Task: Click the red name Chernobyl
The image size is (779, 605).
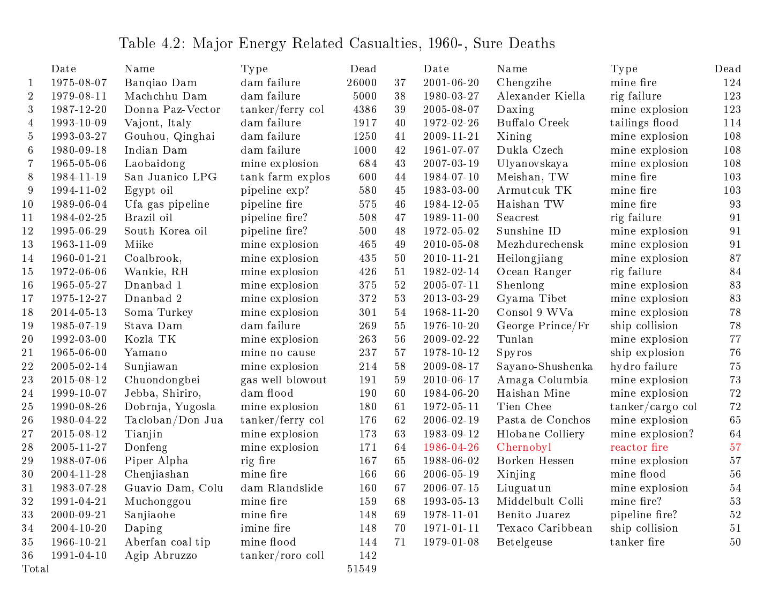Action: click(x=523, y=448)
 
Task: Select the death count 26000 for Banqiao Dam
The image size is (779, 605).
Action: click(x=361, y=83)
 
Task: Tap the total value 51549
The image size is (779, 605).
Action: click(x=361, y=569)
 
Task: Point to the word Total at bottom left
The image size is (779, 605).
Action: click(x=35, y=569)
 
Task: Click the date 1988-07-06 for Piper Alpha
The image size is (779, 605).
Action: click(x=79, y=461)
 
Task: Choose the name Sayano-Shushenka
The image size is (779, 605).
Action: click(x=544, y=367)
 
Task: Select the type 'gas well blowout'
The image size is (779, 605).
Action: click(x=283, y=380)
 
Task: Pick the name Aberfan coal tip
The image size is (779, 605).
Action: click(x=167, y=542)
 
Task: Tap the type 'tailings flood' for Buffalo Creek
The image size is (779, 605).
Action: click(x=644, y=123)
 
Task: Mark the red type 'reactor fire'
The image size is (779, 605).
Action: click(x=640, y=448)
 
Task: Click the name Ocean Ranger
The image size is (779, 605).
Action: click(x=534, y=272)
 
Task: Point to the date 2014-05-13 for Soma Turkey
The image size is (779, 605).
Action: click(x=79, y=313)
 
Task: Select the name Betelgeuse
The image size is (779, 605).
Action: click(x=524, y=542)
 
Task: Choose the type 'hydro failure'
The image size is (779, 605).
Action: click(x=643, y=367)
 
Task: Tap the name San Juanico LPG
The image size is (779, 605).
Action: click(x=170, y=177)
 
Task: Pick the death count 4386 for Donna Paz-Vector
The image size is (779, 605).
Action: click(x=364, y=110)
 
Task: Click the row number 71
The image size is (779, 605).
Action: click(x=400, y=542)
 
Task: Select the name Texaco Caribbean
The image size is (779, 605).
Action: click(x=544, y=528)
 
